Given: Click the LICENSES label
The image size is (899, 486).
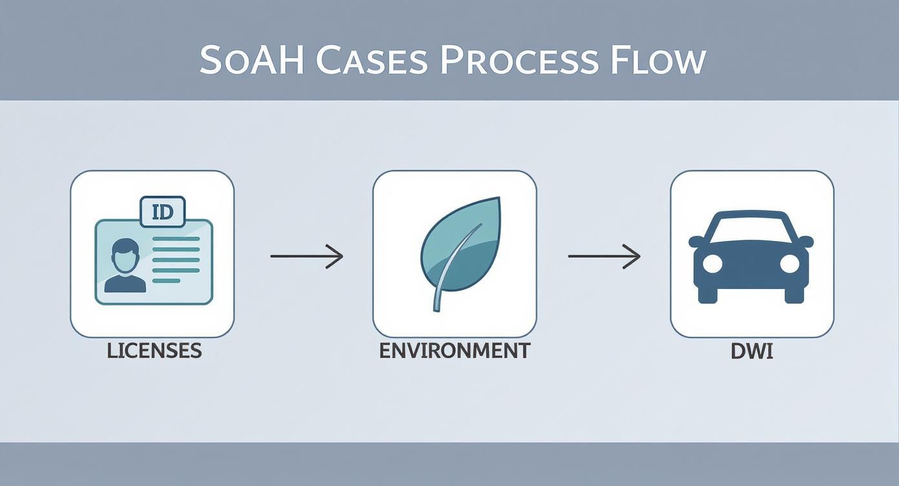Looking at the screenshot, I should point(154,351).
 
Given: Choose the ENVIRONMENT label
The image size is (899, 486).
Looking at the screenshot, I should point(454,351).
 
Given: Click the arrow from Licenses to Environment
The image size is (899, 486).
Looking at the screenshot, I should point(306,257).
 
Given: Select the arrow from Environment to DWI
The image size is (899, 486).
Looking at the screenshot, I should point(604,257).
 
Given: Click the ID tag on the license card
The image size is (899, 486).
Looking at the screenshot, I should point(162,211).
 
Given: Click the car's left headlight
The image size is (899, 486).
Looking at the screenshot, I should point(712,263).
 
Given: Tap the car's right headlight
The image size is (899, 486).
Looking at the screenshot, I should point(790,263).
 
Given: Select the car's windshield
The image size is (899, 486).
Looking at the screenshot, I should point(751,228).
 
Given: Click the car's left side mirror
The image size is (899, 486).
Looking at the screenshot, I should point(696,242).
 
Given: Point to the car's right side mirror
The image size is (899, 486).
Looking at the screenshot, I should point(806,242).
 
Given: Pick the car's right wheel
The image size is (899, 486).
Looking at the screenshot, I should point(794,294).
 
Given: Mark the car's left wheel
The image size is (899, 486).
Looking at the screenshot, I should point(708,294).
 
